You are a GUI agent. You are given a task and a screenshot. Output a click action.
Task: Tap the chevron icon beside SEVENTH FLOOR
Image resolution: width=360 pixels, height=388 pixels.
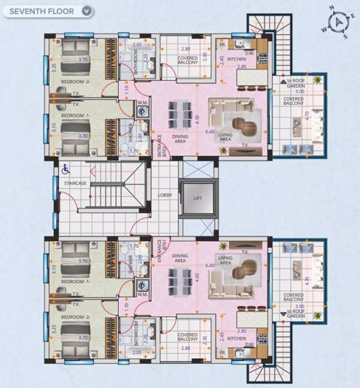tap(87, 11)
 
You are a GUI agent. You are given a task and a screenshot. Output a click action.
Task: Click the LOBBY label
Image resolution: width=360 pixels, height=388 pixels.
tap(165, 195)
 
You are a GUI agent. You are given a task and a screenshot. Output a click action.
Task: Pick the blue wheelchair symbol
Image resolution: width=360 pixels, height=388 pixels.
tap(65, 168)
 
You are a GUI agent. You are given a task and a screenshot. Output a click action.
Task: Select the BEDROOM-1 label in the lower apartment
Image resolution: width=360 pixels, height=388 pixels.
tap(75, 281)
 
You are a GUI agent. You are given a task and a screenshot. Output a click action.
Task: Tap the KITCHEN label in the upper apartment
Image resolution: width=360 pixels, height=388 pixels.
tap(236, 59)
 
